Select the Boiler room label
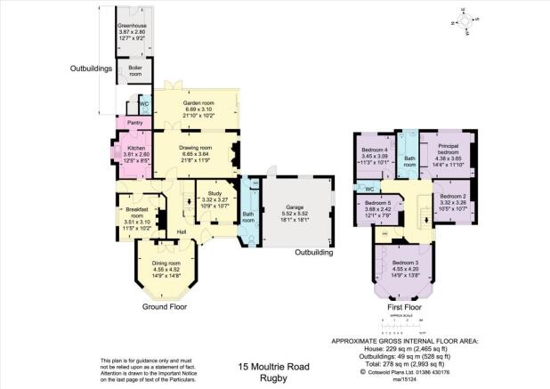tap(134, 69)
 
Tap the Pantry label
tap(135, 122)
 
